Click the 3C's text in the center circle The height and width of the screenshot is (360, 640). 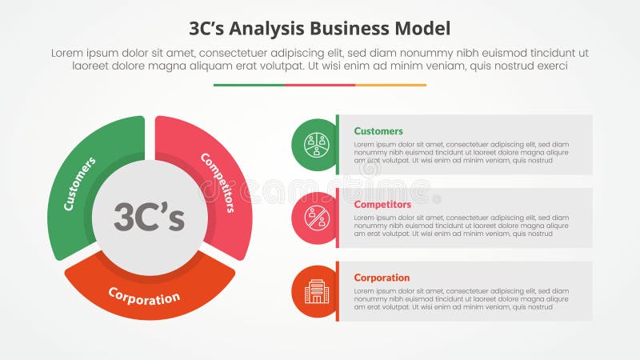pyautogui.click(x=150, y=217)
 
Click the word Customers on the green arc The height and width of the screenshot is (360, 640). pyautogui.click(x=79, y=183)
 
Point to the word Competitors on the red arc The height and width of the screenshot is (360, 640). pyautogui.click(x=218, y=182)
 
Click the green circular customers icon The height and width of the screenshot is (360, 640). pyautogui.click(x=316, y=145)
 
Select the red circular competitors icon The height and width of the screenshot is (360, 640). pyautogui.click(x=316, y=218)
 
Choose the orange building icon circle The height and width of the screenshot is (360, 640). pyautogui.click(x=316, y=291)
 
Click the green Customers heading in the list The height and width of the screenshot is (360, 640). pyautogui.click(x=378, y=131)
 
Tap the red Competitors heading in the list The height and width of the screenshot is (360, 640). pyautogui.click(x=382, y=205)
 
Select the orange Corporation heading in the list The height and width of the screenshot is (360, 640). pyautogui.click(x=382, y=278)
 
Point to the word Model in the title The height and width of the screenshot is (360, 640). pyautogui.click(x=425, y=29)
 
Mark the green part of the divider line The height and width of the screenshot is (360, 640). pyautogui.click(x=249, y=85)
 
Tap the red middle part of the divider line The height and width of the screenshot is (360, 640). pyautogui.click(x=320, y=85)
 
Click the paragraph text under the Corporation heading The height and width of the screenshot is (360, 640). pyautogui.click(x=461, y=299)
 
